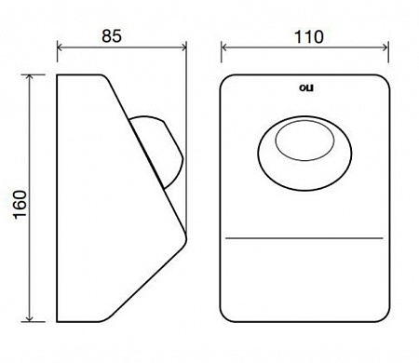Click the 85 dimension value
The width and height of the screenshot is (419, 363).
[x=112, y=36]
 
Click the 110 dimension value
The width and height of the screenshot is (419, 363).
[x=309, y=37]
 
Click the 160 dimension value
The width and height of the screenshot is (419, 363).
[x=20, y=205]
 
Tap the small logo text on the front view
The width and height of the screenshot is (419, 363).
[x=306, y=87]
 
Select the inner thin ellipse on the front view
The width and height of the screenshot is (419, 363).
[x=305, y=121]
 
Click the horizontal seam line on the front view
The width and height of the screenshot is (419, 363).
[x=304, y=238]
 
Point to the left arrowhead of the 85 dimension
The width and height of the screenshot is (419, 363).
[x=60, y=47]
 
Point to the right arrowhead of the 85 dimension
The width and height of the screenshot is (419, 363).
[x=183, y=47]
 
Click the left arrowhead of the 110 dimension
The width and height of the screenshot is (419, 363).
[x=224, y=47]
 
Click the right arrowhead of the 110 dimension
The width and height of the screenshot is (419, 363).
[x=385, y=47]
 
